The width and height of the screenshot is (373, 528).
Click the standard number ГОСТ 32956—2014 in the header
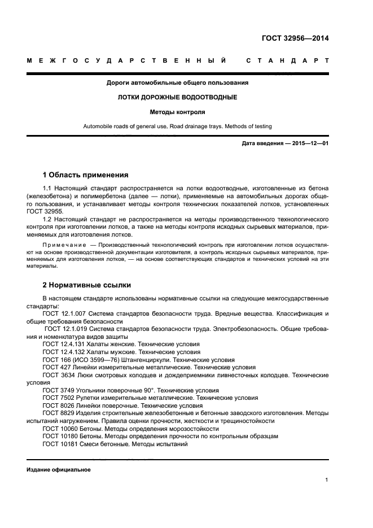click(295, 39)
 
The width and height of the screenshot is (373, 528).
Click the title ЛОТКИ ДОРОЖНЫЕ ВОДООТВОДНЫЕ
click(177, 97)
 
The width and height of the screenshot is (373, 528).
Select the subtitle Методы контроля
click(177, 112)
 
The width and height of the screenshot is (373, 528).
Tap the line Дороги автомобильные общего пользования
click(177, 82)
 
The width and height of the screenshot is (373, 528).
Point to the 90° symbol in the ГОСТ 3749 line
click(148, 390)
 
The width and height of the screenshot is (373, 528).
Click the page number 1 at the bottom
click(327, 480)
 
